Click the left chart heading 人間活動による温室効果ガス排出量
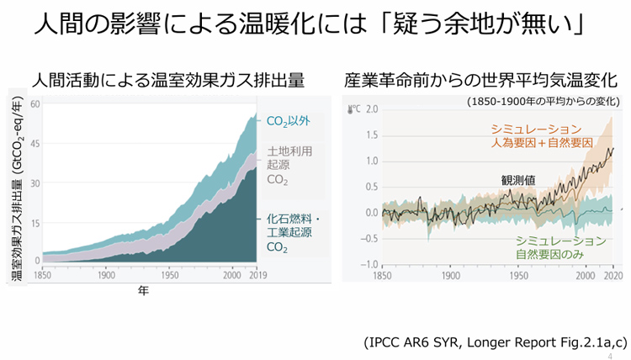(x=168, y=81)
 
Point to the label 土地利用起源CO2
(x=289, y=166)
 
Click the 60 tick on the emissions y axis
(x=34, y=103)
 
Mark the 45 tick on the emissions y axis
(x=34, y=144)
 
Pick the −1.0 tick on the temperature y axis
(x=369, y=264)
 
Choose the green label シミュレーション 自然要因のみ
(x=550, y=246)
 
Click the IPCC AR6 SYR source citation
(x=496, y=341)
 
